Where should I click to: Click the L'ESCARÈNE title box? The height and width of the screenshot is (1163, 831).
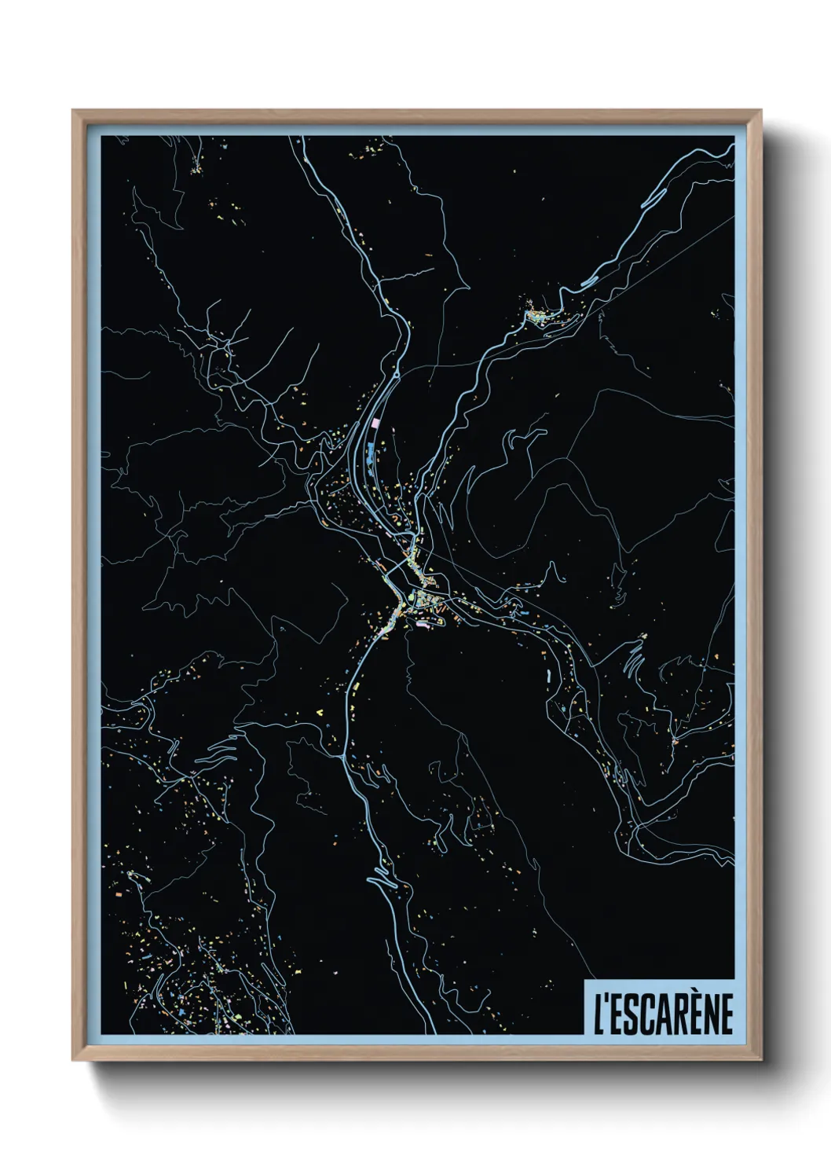click(659, 1007)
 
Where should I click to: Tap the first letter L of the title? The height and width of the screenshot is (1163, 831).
click(599, 1014)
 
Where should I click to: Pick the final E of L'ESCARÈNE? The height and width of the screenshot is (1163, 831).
click(725, 1014)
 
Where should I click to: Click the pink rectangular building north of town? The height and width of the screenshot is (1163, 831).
click(375, 423)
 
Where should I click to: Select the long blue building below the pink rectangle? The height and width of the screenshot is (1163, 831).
click(369, 454)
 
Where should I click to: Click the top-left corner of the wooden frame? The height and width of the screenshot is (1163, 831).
click(74, 111)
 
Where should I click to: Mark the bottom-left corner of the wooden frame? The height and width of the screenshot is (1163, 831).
click(74, 1060)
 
